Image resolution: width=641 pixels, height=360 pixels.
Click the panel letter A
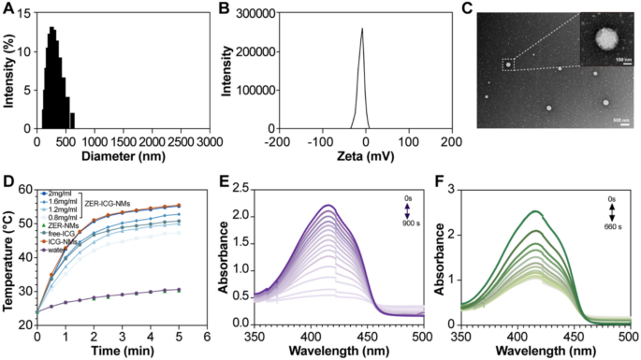point(8,8)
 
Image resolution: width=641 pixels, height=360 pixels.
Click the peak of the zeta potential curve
point(361,28)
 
